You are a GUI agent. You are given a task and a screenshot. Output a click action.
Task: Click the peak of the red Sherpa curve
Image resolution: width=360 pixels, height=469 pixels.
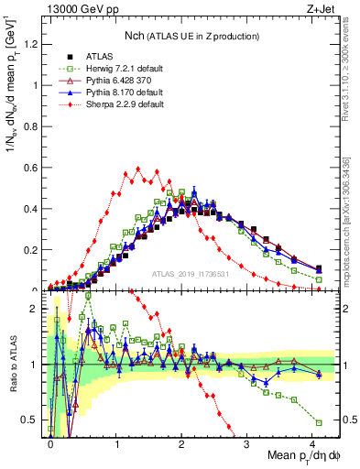coord(137,169)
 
